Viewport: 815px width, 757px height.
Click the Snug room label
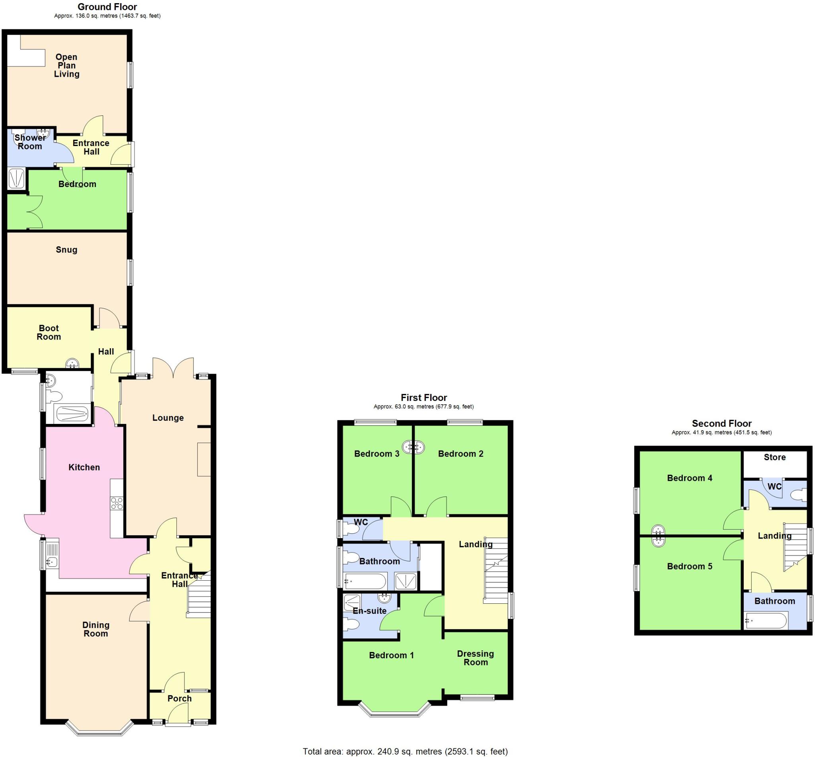coord(66,250)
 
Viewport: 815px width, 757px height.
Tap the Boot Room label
coord(49,332)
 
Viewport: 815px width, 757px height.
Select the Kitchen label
coord(84,467)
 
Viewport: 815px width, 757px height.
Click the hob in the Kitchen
coord(116,503)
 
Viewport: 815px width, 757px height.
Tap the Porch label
coord(179,698)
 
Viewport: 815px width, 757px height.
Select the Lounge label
coord(168,418)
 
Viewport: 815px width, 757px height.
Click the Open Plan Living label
coord(66,66)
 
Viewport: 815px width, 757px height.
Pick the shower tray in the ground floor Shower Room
coord(16,179)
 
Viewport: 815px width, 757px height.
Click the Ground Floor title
coord(107,6)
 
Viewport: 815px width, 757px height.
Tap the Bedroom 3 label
coord(376,453)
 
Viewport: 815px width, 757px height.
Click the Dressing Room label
coord(476,657)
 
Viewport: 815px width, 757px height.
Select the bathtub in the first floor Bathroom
coord(365,581)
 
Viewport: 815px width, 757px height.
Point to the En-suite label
coord(369,611)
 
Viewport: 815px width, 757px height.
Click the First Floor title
coord(423,397)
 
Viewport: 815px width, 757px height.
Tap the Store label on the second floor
coord(774,457)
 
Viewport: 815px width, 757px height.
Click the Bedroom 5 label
coord(689,566)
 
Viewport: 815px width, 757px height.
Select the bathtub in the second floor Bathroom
coord(765,620)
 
